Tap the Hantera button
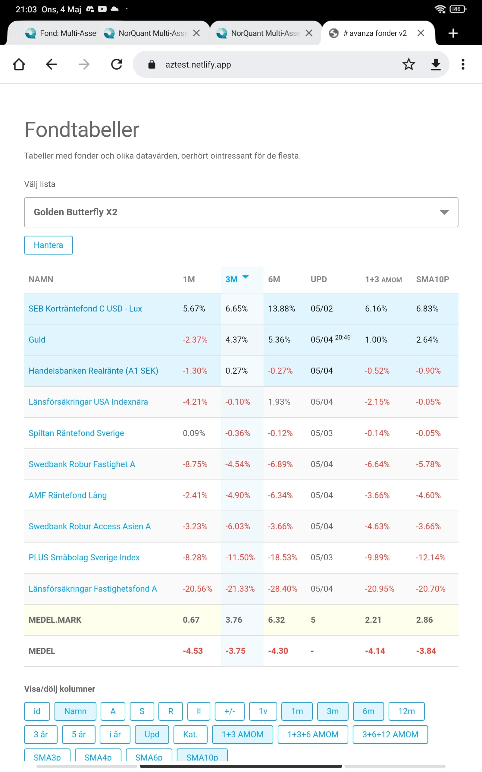(x=49, y=245)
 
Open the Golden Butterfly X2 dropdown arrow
(x=444, y=212)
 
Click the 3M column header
(x=231, y=280)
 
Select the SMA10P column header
(x=433, y=280)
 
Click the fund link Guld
(x=37, y=340)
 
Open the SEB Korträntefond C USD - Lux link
(x=85, y=308)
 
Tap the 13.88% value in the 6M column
(x=281, y=308)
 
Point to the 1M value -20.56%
(x=197, y=589)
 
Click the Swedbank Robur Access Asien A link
(x=89, y=526)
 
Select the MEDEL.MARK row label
(x=55, y=620)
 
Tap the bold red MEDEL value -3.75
(x=236, y=651)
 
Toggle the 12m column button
(x=406, y=711)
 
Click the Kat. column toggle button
(x=190, y=734)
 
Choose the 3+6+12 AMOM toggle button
(x=390, y=734)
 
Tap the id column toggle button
(x=37, y=711)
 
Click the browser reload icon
(x=117, y=65)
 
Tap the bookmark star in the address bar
(x=409, y=65)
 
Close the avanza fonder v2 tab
(x=421, y=33)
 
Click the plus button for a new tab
(x=453, y=33)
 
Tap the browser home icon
(x=19, y=65)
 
